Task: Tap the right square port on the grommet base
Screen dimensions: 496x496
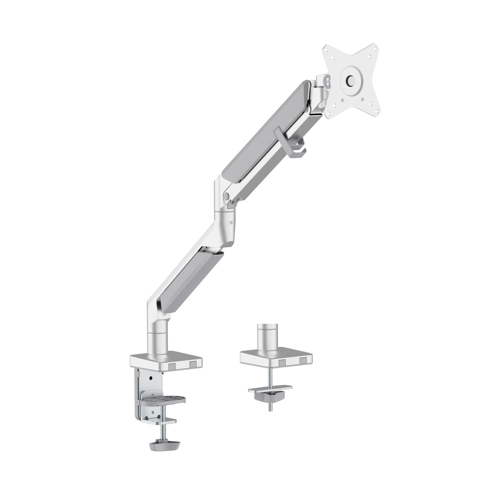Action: click(302, 361)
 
